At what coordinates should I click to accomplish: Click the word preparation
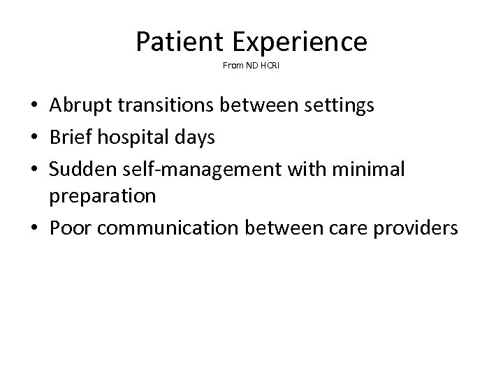[103, 196]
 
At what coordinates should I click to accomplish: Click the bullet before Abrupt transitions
[34, 107]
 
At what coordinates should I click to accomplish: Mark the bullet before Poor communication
[34, 228]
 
